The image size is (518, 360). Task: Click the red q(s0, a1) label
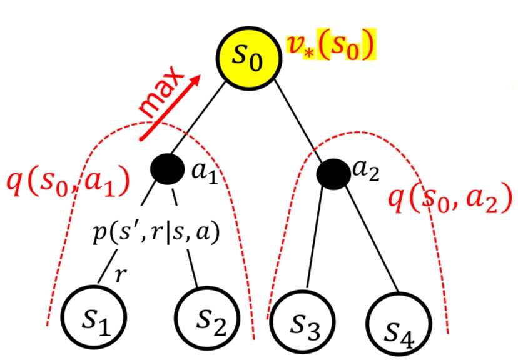coord(67,182)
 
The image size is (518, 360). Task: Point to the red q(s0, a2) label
coord(450,201)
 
